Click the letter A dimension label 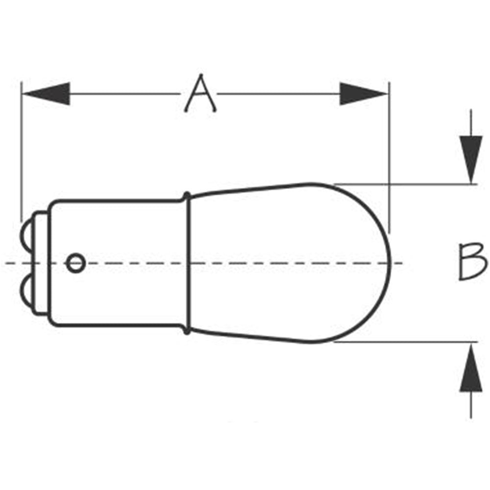pyautogui.click(x=200, y=93)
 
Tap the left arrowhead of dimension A pyautogui.click(x=47, y=94)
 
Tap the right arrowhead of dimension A pyautogui.click(x=364, y=94)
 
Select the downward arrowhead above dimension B pyautogui.click(x=471, y=159)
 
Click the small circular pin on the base pyautogui.click(x=76, y=263)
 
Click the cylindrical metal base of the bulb pyautogui.click(x=119, y=263)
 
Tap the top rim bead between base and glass pyautogui.click(x=187, y=196)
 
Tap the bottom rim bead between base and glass pyautogui.click(x=187, y=330)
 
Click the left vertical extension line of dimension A pyautogui.click(x=22, y=151)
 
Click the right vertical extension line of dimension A pyautogui.click(x=389, y=157)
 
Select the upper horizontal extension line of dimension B pyautogui.click(x=406, y=184)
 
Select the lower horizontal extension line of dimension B pyautogui.click(x=406, y=342)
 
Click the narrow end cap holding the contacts pyautogui.click(x=41, y=263)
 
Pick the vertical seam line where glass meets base pyautogui.click(x=189, y=263)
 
